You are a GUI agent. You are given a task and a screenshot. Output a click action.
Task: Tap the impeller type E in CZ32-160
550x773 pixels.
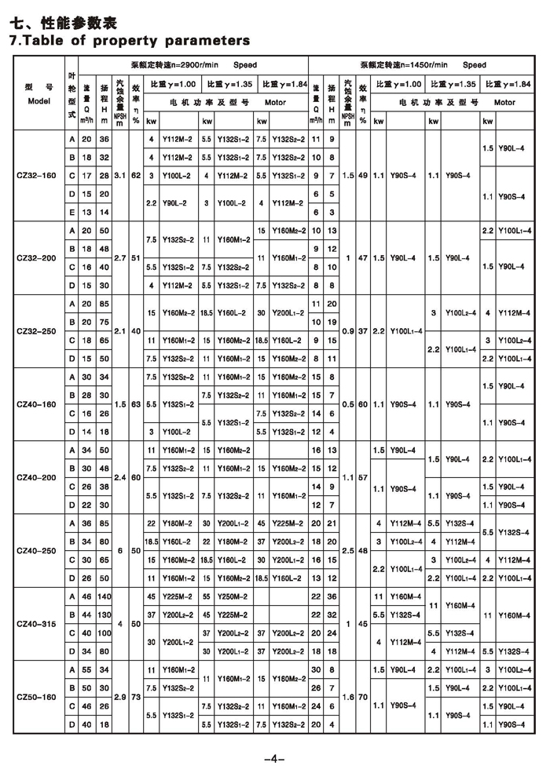tap(72, 212)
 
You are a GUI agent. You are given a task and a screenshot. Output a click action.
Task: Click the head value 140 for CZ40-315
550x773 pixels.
tap(103, 597)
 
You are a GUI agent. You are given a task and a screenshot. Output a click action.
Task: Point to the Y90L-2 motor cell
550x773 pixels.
tap(174, 202)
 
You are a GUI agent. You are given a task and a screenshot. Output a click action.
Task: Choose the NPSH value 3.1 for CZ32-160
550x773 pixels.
tap(119, 175)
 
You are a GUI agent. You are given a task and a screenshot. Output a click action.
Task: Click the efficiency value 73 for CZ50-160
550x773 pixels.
tap(136, 697)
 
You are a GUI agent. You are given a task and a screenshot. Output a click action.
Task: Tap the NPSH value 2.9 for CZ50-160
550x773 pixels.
tap(119, 697)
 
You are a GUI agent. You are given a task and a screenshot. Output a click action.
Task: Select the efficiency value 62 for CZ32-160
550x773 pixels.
tap(136, 175)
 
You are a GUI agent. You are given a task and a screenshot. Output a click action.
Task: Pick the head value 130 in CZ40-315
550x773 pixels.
tap(103, 615)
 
